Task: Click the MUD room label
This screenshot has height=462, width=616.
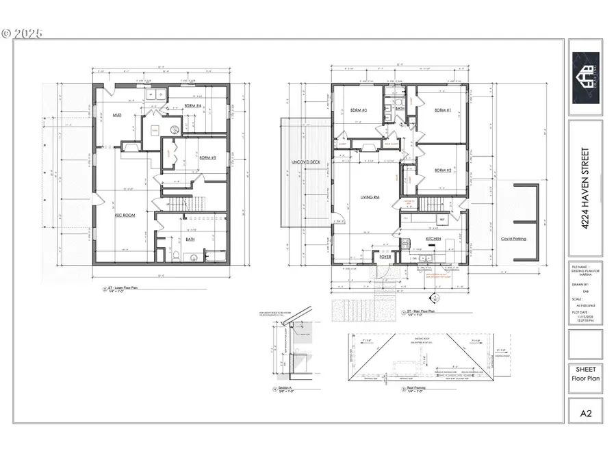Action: point(117,116)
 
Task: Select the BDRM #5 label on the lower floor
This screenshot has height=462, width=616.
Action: point(208,158)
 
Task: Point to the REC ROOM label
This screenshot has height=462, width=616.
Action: point(124,216)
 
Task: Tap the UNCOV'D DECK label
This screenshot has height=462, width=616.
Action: point(305,162)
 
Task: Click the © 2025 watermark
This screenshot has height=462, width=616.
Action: point(22,32)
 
